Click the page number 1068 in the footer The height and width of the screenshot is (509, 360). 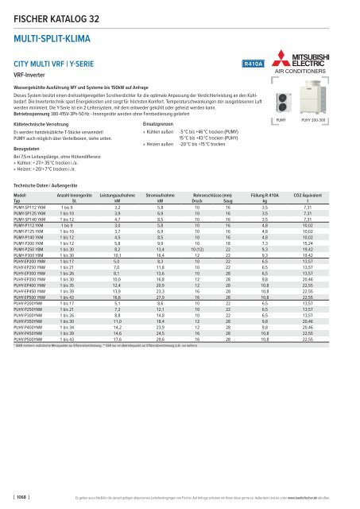point(17,497)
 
